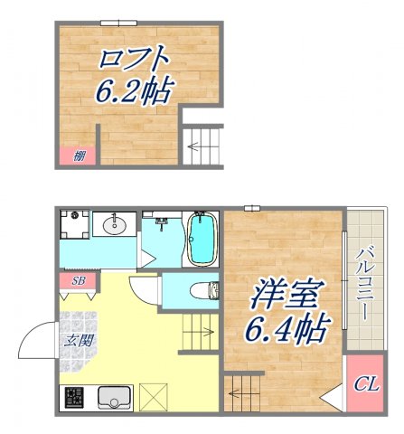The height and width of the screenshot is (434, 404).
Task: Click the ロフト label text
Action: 135,60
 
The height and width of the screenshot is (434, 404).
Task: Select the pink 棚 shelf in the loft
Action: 79,156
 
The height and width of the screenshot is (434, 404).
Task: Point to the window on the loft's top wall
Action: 118,23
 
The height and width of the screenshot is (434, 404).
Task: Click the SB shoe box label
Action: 78,281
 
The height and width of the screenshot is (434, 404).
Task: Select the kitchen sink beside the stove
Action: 114,397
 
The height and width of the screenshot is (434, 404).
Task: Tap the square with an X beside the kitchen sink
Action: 154,396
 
